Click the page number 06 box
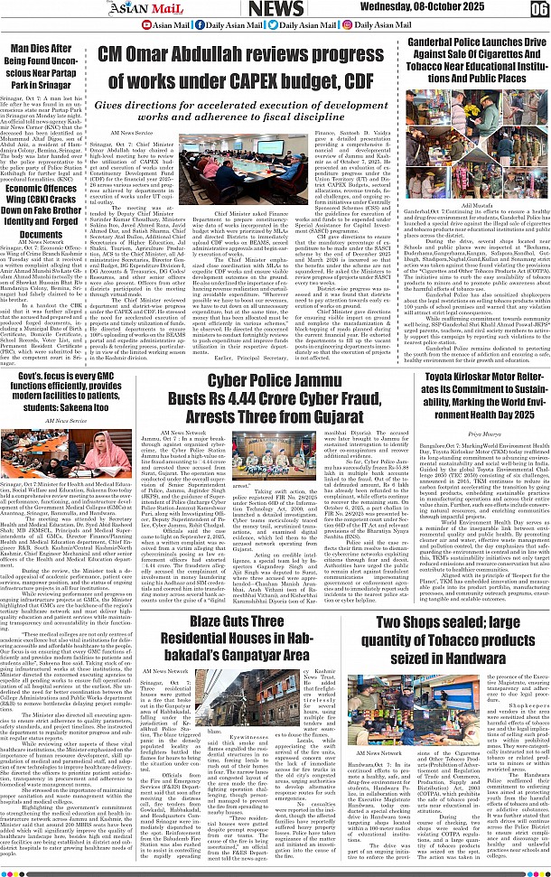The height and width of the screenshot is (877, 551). coord(538,10)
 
